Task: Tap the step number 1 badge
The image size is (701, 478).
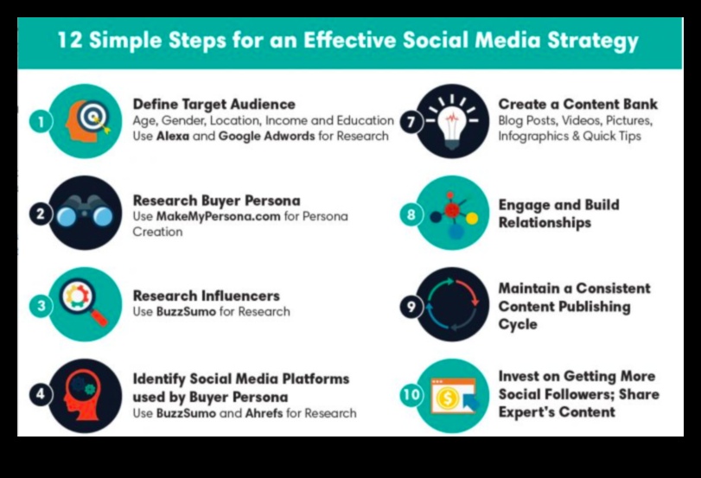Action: [x=41, y=122]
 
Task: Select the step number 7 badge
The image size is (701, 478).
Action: [x=411, y=122]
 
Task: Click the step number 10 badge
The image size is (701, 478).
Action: [x=411, y=394]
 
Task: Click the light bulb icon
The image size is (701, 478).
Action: [x=451, y=123]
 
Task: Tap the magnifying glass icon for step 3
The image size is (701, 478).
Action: [x=84, y=303]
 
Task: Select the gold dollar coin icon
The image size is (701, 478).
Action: [x=448, y=397]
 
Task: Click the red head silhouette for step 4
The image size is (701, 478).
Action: [x=82, y=394]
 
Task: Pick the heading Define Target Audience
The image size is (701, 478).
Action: [x=214, y=105]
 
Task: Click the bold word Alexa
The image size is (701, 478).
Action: [x=173, y=136]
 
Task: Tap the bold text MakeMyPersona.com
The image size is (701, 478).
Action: [x=218, y=216]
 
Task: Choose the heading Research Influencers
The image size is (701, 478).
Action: [x=206, y=296]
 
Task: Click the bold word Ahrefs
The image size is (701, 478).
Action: [x=264, y=413]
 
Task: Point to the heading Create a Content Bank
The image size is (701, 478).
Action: [x=578, y=105]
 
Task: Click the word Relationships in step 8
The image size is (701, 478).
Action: [x=545, y=223]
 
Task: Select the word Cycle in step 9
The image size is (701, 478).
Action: [x=518, y=324]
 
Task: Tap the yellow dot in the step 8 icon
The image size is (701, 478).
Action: [x=472, y=218]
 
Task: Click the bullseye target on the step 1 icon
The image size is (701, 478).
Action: [x=93, y=116]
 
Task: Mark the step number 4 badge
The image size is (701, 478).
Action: [x=41, y=394]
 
